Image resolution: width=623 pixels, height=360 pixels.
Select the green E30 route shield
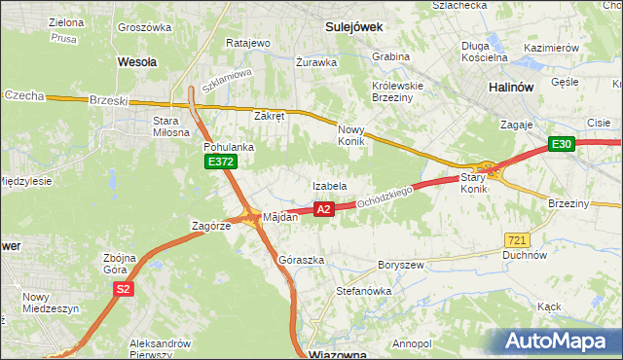560,144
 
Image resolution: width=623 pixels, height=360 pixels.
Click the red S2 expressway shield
123,289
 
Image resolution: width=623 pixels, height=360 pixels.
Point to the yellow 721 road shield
517,239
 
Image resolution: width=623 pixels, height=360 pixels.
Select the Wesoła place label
137,60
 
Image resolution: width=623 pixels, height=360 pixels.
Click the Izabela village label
329,186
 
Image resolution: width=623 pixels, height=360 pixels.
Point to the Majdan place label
278,217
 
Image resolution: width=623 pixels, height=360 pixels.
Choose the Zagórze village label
210,225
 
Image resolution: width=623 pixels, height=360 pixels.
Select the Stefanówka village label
362,290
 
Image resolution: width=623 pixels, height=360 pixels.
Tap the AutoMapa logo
560,341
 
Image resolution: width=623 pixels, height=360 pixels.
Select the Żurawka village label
317,62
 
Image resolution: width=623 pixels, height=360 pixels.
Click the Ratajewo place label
247,43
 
